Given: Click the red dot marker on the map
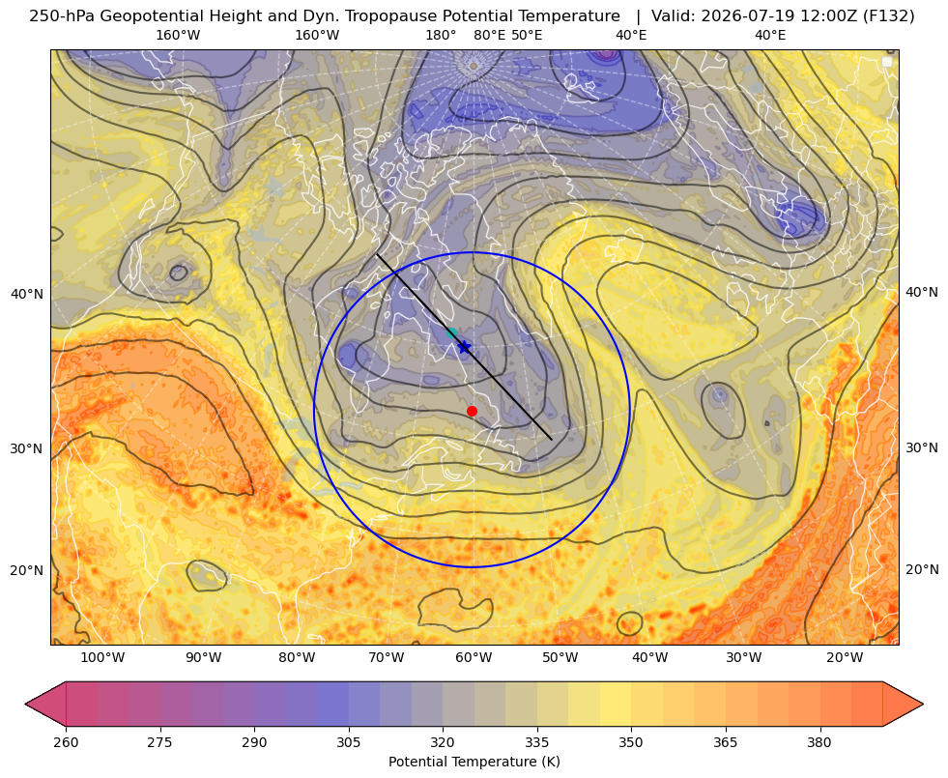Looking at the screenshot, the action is point(473,411).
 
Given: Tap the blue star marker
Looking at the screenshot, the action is point(464,347).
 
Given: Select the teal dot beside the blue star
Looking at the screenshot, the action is point(451,332).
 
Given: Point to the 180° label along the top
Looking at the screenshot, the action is point(441,35).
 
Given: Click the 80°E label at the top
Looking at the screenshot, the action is point(489,35).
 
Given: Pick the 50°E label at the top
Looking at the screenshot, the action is point(527,35).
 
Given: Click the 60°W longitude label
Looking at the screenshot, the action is point(474,657).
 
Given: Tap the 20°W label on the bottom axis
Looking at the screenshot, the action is point(845,657).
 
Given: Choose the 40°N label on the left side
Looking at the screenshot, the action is point(27,294).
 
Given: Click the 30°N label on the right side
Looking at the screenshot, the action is point(922,447).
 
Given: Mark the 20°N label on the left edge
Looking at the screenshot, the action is point(27,570).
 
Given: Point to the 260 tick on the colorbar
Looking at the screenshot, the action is point(66,742).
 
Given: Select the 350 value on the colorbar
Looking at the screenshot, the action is point(631,742).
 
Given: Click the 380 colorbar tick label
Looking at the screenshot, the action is point(819,742).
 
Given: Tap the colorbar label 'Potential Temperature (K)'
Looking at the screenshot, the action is point(474,762).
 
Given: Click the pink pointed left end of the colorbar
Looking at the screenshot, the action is point(45,704).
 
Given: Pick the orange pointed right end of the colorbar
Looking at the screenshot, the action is point(903,704).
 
